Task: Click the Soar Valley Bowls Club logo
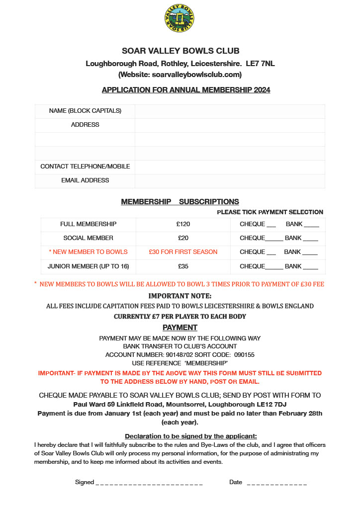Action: click(x=180, y=18)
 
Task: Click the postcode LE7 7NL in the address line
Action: click(x=260, y=64)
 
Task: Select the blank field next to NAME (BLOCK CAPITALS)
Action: click(x=230, y=111)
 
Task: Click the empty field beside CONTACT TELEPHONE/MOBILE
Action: click(x=230, y=167)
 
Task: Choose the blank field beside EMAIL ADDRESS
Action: click(x=230, y=180)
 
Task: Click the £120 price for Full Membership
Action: click(x=183, y=224)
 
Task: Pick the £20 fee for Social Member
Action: click(x=183, y=238)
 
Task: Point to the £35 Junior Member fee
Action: click(x=183, y=266)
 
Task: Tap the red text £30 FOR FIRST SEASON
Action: click(x=183, y=252)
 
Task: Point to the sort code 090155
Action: click(x=245, y=354)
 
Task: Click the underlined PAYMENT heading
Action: click(x=180, y=328)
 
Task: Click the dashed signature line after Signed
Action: click(x=149, y=483)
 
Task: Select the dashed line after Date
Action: click(x=276, y=483)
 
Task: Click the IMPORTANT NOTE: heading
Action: click(x=180, y=296)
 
